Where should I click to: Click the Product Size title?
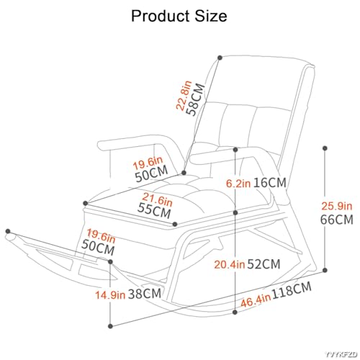click(x=179, y=16)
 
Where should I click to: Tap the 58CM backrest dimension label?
click(x=196, y=99)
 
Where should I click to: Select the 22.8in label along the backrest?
click(x=184, y=95)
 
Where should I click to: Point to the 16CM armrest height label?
click(x=270, y=183)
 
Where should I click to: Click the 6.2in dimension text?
click(x=238, y=184)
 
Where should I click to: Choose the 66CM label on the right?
click(x=337, y=220)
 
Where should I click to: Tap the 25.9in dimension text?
click(x=337, y=206)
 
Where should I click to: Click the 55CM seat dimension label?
click(x=154, y=210)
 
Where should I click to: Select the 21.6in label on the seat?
click(x=158, y=199)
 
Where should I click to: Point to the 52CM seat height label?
click(x=264, y=264)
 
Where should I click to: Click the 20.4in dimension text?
click(x=230, y=265)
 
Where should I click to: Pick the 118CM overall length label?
click(x=292, y=290)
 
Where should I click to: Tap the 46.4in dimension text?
click(x=256, y=300)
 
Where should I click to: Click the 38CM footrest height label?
click(x=145, y=294)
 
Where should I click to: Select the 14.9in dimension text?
click(x=110, y=295)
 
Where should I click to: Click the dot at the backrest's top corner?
click(x=220, y=58)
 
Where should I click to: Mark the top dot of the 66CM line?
click(x=325, y=148)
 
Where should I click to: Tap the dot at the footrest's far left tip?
click(x=8, y=231)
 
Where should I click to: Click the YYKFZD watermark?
click(x=341, y=354)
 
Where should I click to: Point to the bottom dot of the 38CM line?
click(x=110, y=326)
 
